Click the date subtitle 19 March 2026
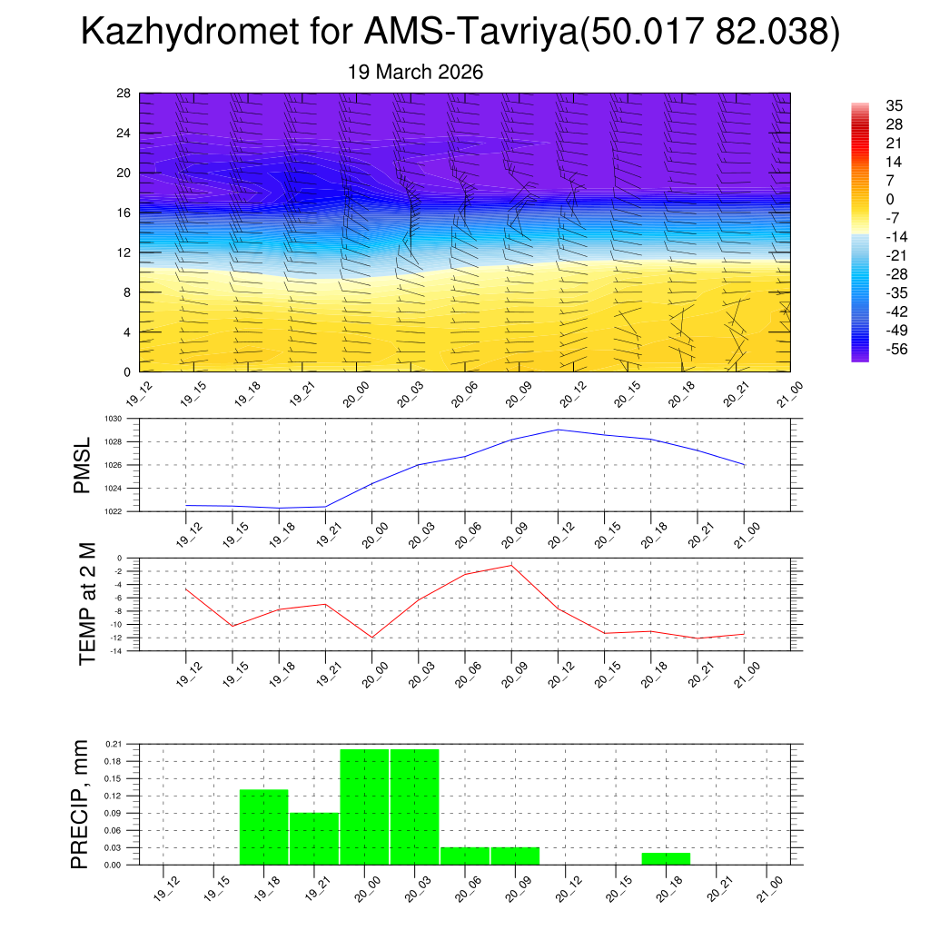415,72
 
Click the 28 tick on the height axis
124,94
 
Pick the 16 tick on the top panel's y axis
124,213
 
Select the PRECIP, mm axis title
81,805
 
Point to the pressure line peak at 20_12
558,430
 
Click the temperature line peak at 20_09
511,565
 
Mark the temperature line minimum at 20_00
371,638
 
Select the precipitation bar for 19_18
263,827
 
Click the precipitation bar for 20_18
666,858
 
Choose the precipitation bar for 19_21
314,838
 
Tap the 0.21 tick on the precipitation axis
114,744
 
